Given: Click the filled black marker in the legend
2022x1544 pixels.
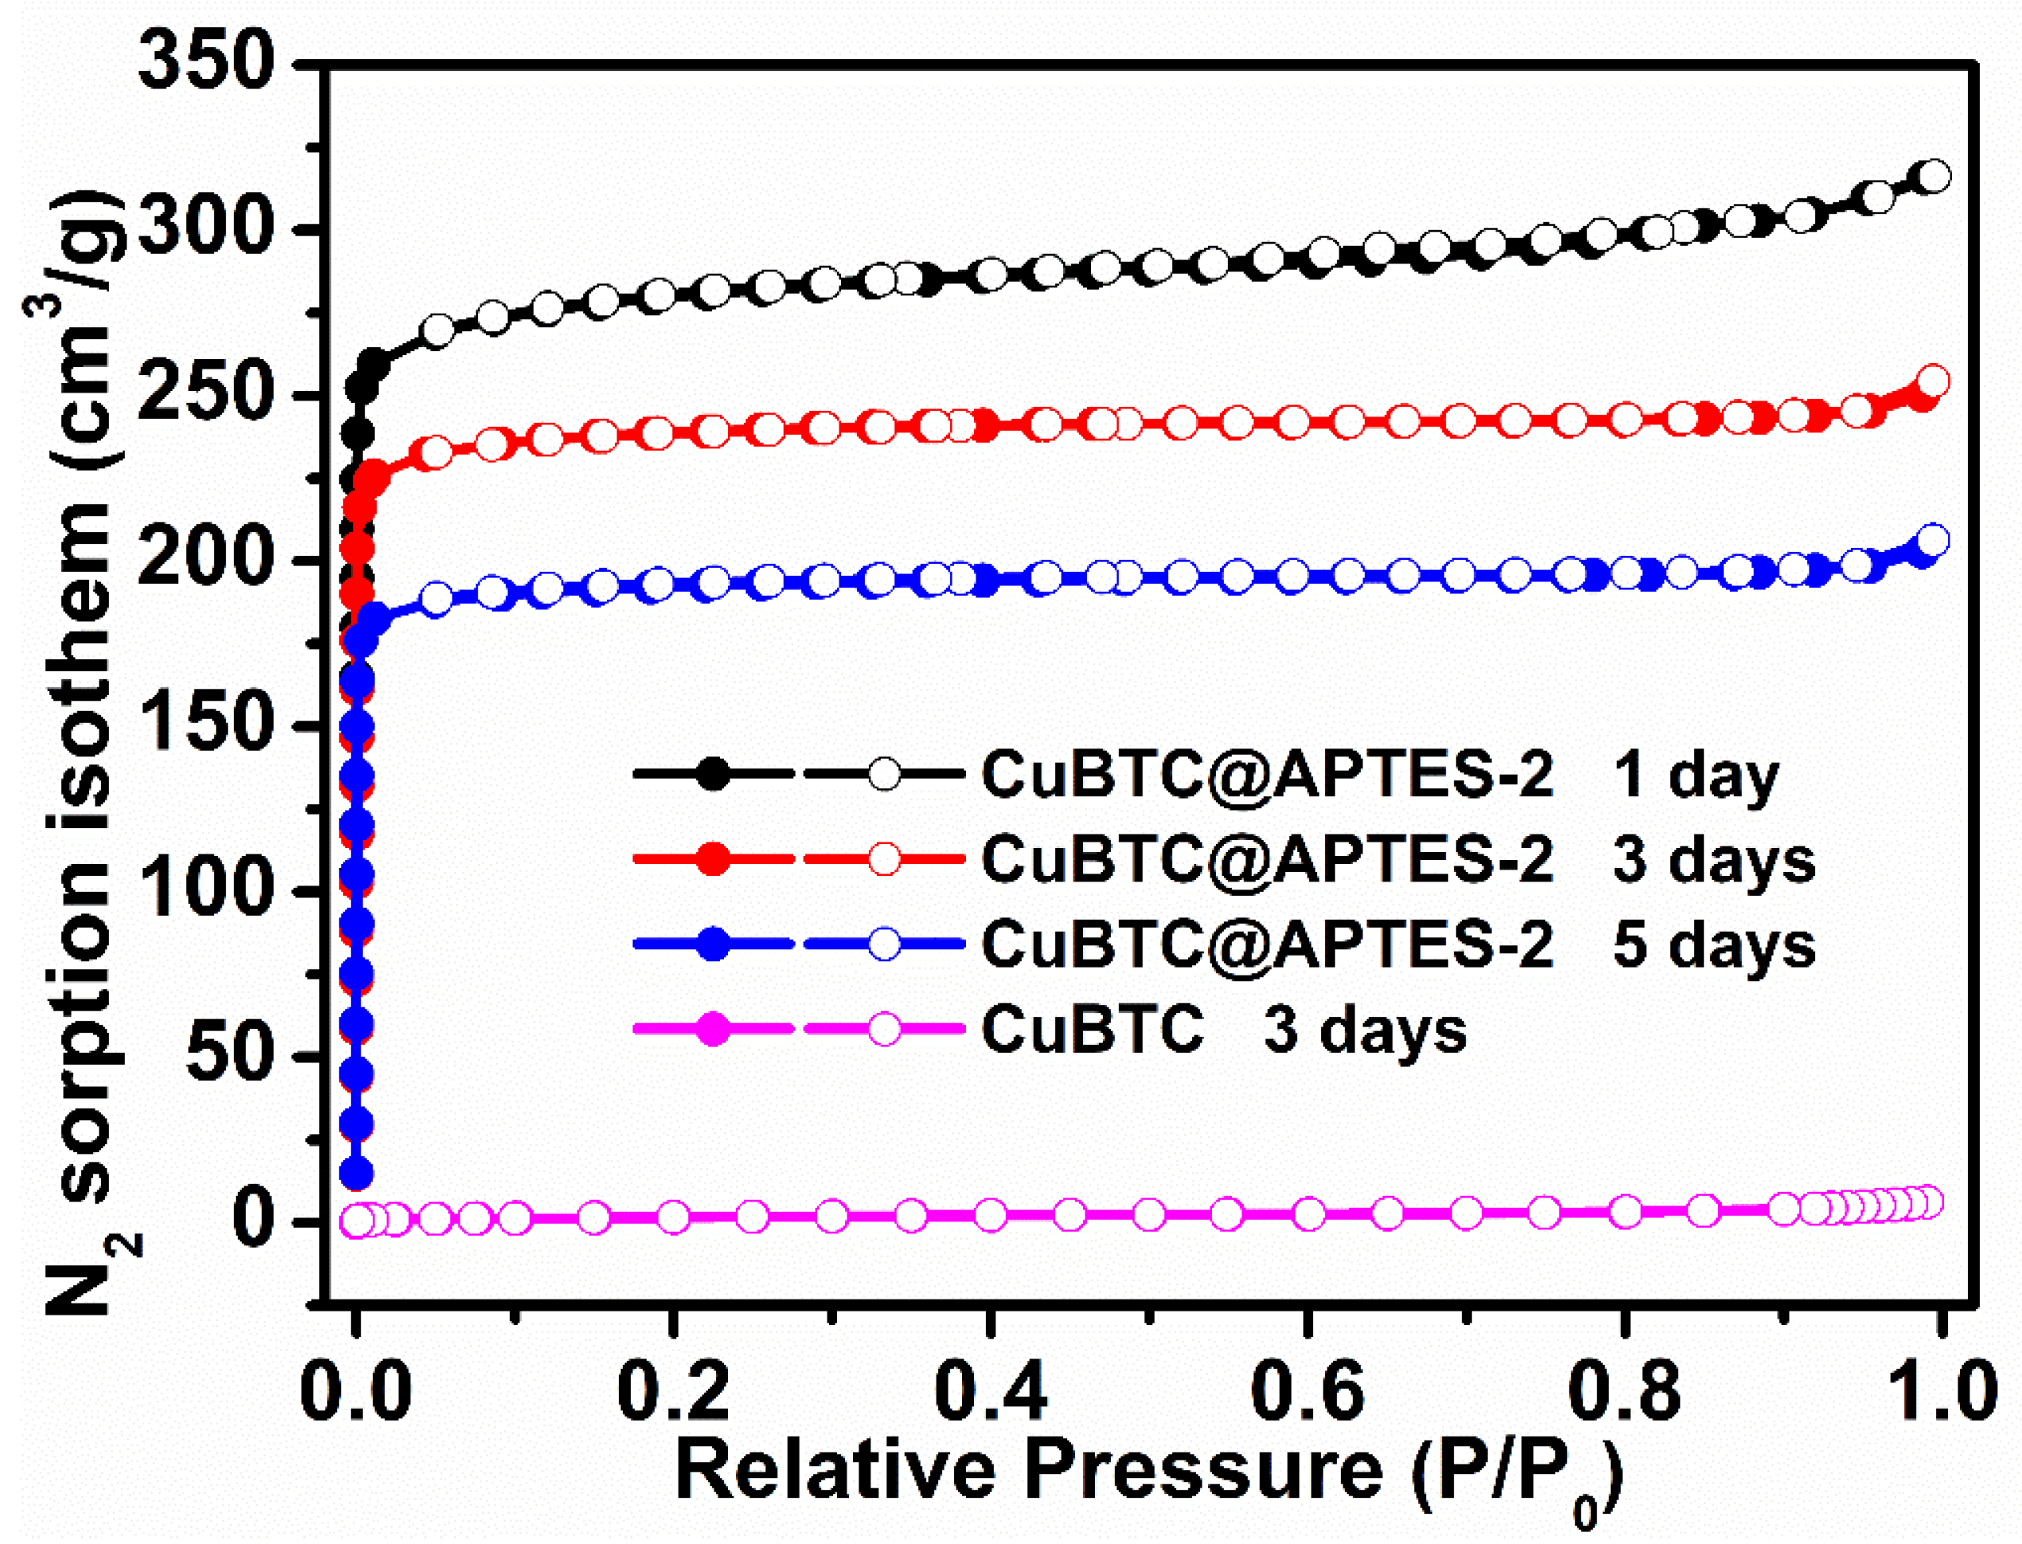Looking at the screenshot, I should (712, 775).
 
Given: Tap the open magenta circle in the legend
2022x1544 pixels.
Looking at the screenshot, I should (884, 1029).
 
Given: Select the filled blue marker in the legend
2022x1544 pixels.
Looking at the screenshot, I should (712, 944).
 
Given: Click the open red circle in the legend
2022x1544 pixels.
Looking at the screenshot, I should (884, 859).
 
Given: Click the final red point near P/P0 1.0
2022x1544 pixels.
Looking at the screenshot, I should (1934, 381).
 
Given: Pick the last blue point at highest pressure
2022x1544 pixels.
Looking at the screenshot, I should (1934, 541).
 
